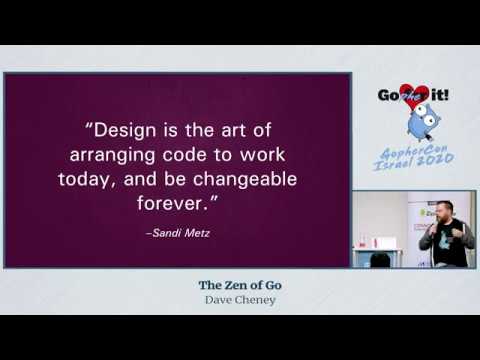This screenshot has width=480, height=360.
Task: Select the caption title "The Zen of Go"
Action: point(239,285)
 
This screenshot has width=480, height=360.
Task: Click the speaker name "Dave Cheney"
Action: point(239,299)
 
